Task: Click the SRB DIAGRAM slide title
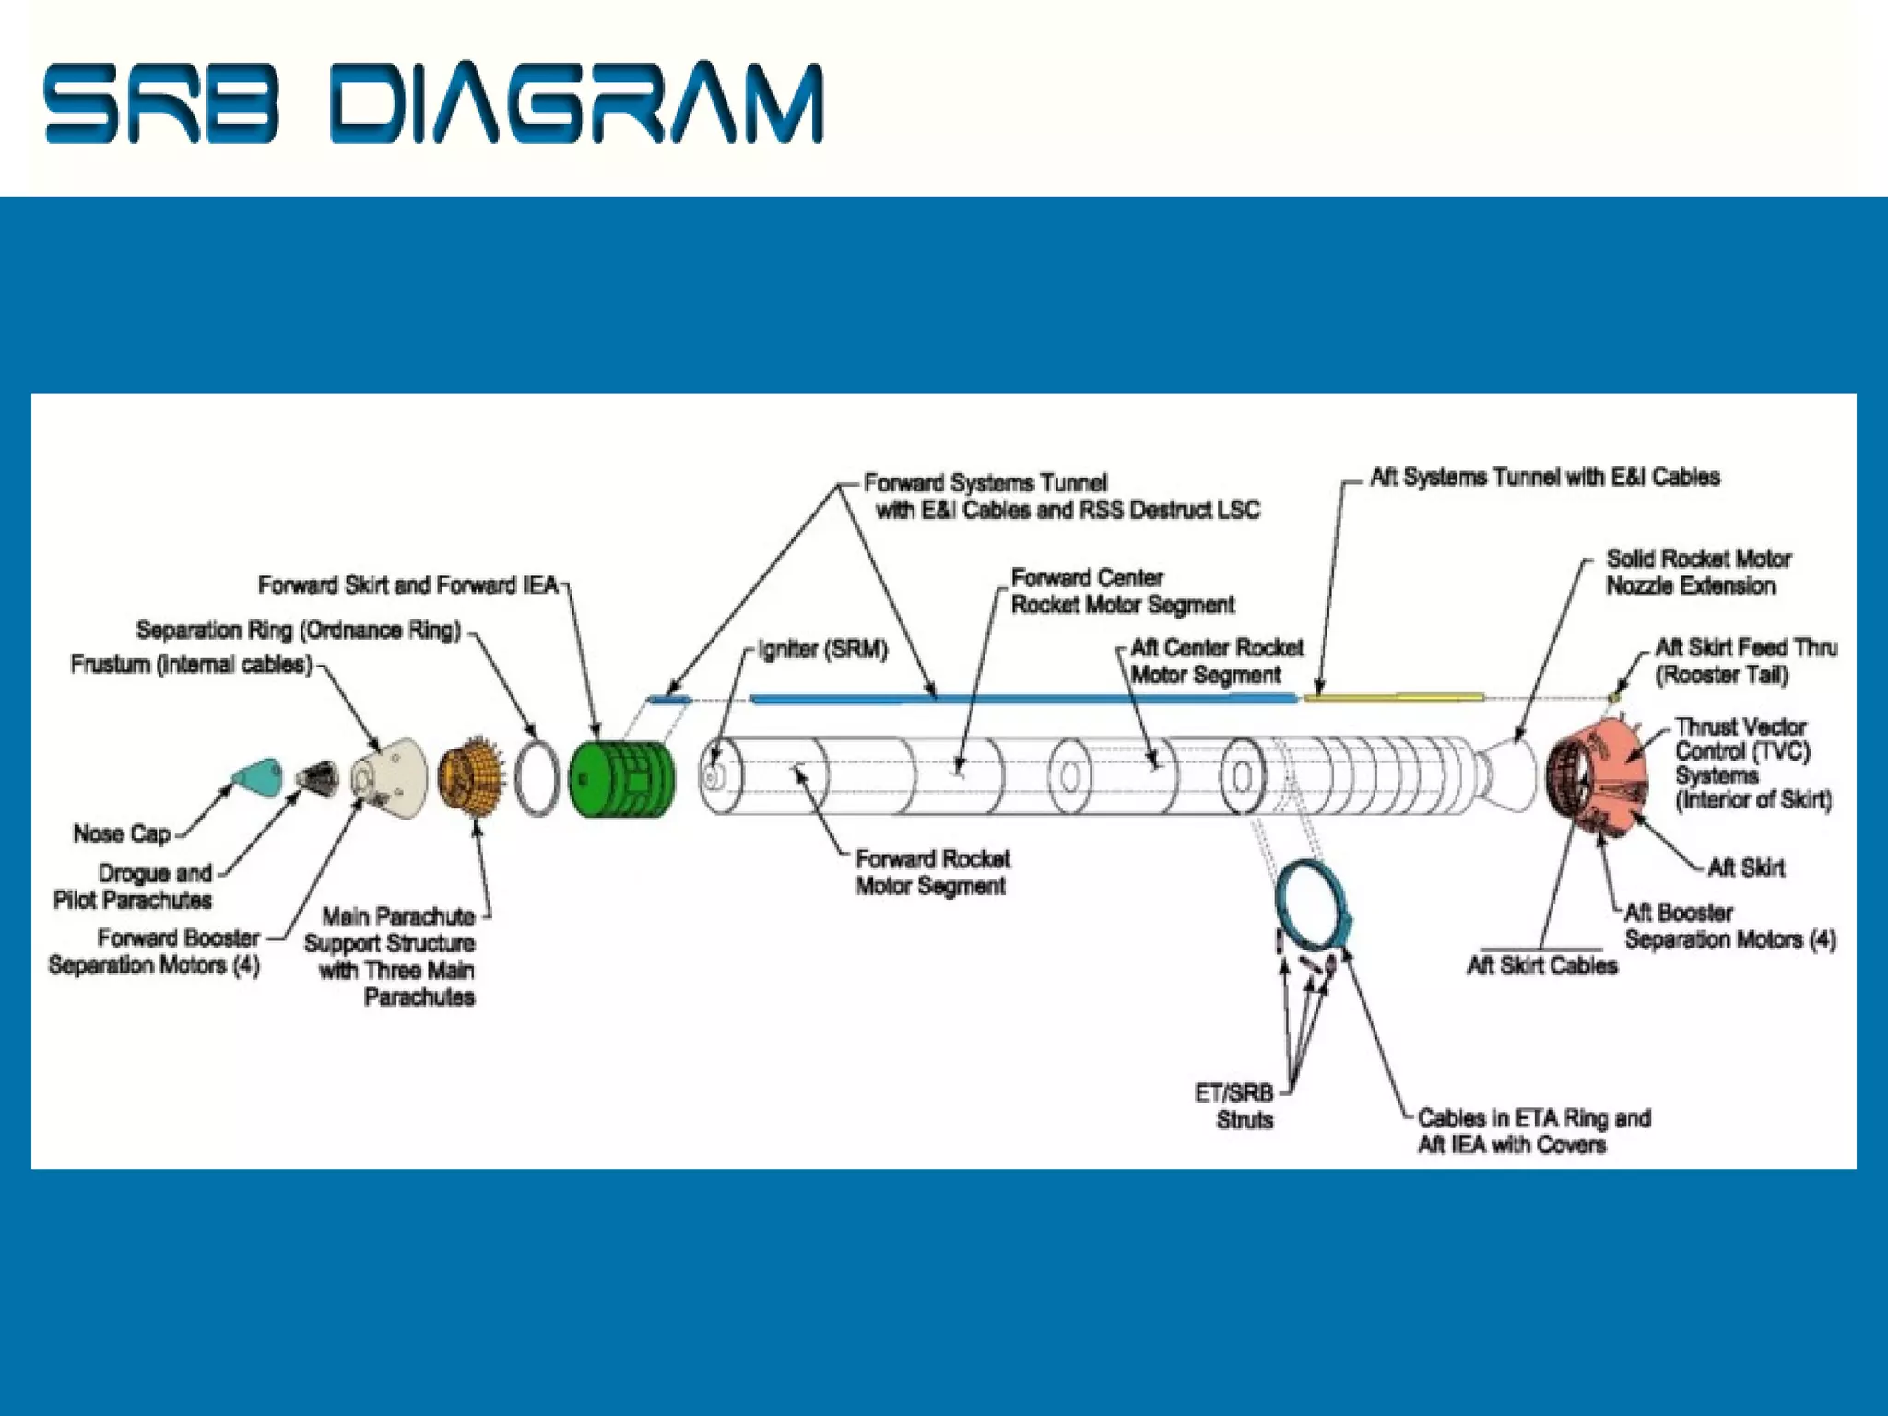[x=433, y=102]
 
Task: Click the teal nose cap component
[x=257, y=777]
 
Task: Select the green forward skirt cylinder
[x=619, y=779]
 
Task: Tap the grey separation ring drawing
[x=537, y=776]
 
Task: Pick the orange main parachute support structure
[x=470, y=779]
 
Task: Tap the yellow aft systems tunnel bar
[x=1392, y=697]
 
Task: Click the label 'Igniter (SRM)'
[x=822, y=650]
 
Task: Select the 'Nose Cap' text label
[x=122, y=834]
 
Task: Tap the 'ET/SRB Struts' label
[x=1234, y=1106]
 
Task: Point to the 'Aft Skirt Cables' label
[x=1542, y=965]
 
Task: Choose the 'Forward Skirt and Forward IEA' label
[x=408, y=585]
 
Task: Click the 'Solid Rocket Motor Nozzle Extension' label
[x=1697, y=572]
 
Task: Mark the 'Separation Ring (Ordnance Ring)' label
[x=298, y=631]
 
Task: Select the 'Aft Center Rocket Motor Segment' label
[x=1217, y=661]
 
